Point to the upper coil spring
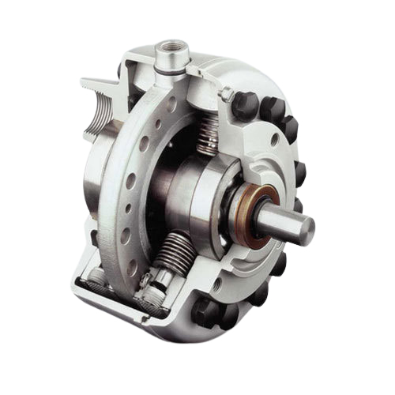[208, 134]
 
